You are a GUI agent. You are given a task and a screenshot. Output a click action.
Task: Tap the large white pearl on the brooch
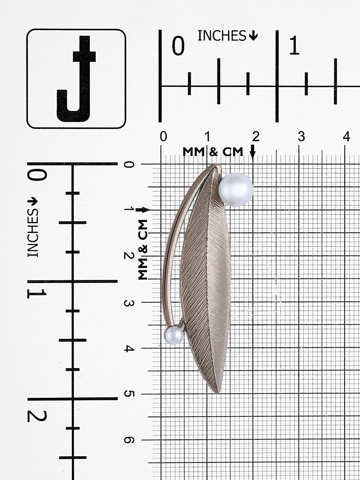point(236,190)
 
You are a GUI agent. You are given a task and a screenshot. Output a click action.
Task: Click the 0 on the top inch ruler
point(178,46)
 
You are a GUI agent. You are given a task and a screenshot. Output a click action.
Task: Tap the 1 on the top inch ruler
point(294,46)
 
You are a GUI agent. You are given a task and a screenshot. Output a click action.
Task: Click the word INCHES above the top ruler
point(222,36)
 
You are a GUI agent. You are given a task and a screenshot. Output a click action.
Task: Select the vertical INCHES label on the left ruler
point(33,233)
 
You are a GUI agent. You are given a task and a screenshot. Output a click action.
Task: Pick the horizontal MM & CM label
point(213,152)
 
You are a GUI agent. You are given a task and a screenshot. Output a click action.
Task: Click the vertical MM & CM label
point(143,250)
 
